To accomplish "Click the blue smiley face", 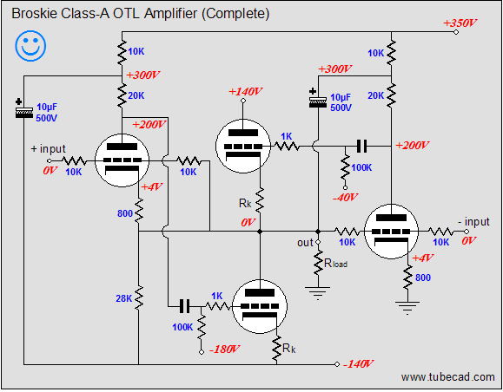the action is pyautogui.click(x=30, y=46).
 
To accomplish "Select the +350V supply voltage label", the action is pyautogui.click(x=460, y=23).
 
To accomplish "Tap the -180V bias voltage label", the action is pyautogui.click(x=224, y=349).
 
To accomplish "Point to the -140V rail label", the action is pyautogui.click(x=358, y=364).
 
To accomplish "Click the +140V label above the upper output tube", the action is pyautogui.click(x=245, y=92).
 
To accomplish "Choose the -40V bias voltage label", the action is pyautogui.click(x=345, y=197).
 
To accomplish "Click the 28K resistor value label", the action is pyautogui.click(x=124, y=298).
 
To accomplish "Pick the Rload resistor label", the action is pyautogui.click(x=335, y=264).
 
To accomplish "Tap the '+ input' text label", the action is pyautogui.click(x=48, y=149).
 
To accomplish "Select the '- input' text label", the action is pyautogui.click(x=473, y=222).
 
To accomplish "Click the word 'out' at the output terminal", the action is pyautogui.click(x=305, y=243).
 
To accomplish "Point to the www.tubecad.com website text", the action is pyautogui.click(x=447, y=377).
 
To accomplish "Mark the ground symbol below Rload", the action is pyautogui.click(x=318, y=293).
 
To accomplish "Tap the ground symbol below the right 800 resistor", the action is pyautogui.click(x=407, y=308).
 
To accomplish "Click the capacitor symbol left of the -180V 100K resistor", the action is pyautogui.click(x=184, y=306).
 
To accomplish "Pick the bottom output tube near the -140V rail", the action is pyautogui.click(x=260, y=306).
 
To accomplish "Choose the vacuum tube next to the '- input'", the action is pyautogui.click(x=391, y=232).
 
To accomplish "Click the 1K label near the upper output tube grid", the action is pyautogui.click(x=287, y=137).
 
